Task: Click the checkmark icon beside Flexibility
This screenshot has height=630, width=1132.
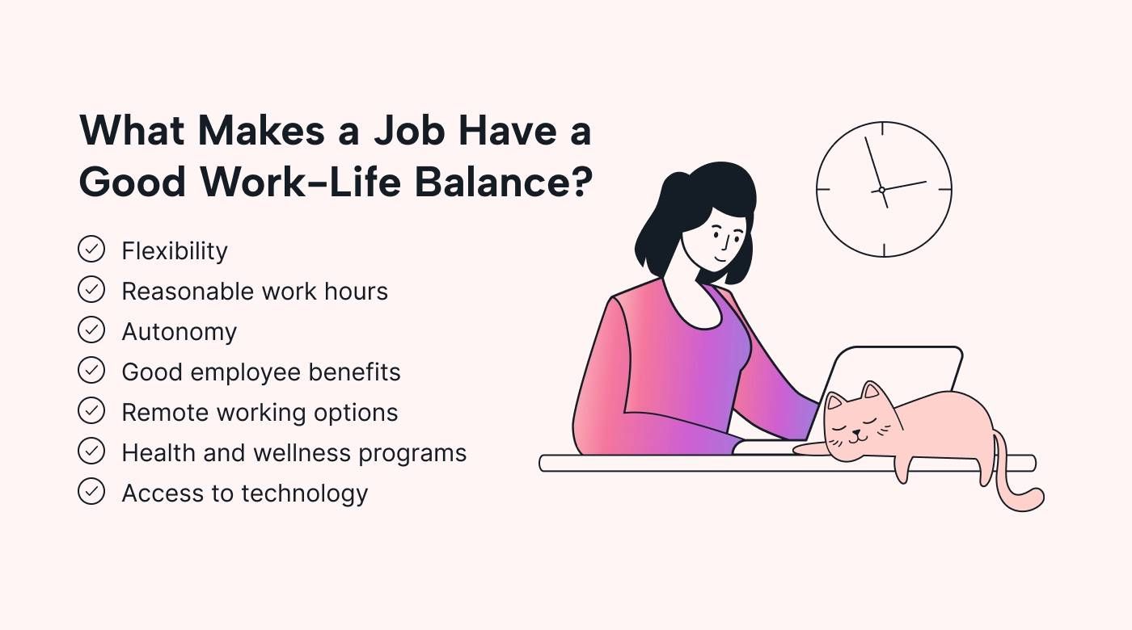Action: pos(91,250)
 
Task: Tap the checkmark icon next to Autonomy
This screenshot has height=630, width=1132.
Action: pos(91,330)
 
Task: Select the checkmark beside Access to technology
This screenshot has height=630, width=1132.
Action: pos(91,492)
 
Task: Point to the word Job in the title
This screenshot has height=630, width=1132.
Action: pos(409,130)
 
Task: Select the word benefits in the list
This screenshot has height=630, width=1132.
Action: pos(354,372)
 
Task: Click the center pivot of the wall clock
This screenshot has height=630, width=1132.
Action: pos(882,190)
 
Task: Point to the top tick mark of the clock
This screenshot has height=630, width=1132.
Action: pos(883,128)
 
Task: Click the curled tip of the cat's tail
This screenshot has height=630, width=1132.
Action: pos(1033,499)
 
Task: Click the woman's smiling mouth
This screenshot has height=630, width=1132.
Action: pos(721,259)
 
